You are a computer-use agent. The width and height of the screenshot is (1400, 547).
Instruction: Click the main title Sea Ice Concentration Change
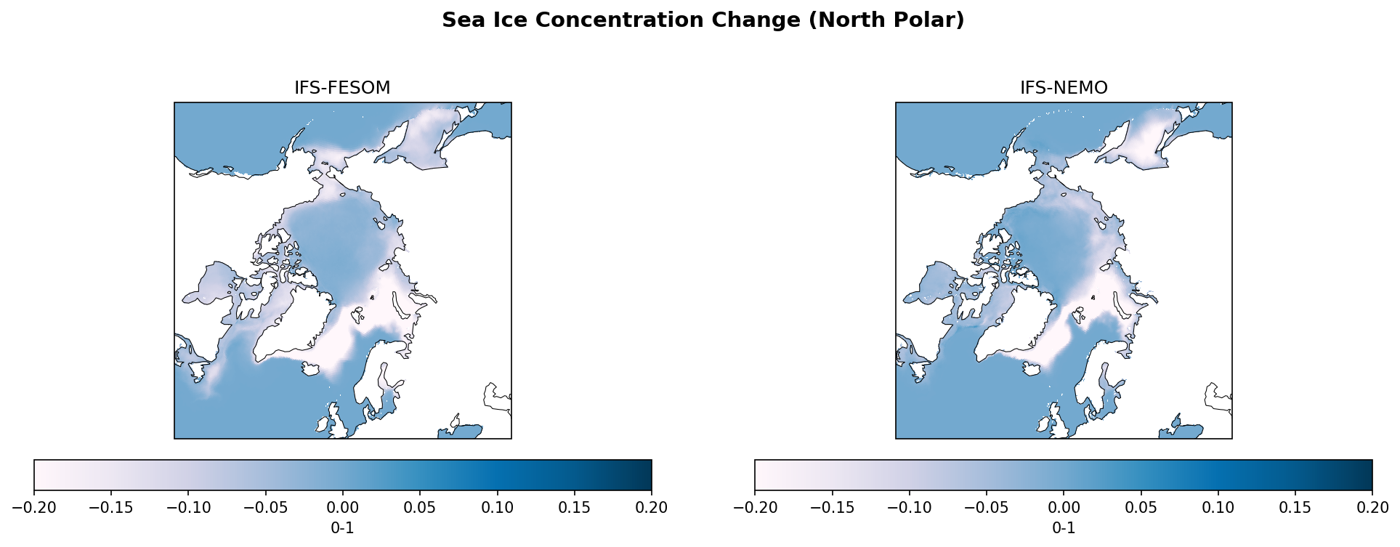click(x=703, y=20)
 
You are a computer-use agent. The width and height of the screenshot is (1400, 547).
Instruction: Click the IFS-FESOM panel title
click(x=342, y=88)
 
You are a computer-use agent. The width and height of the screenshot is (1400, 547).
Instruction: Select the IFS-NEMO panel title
click(x=1064, y=88)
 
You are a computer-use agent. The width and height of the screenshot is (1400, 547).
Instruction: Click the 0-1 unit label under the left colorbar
click(x=343, y=529)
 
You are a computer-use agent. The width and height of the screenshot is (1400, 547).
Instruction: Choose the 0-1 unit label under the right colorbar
click(x=1064, y=529)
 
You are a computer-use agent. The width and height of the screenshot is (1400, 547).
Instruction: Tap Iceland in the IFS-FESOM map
click(x=311, y=369)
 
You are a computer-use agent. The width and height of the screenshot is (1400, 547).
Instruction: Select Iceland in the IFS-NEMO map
click(x=1032, y=369)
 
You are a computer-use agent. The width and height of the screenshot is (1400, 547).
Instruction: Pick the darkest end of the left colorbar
click(x=647, y=475)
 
